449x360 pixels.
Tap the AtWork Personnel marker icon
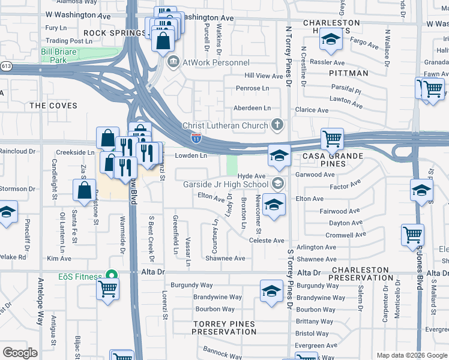(173, 62)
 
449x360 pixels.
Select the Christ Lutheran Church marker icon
(277, 125)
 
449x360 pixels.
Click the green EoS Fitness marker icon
(111, 275)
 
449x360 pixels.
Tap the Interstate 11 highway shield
(196, 139)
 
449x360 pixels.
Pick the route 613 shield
(5, 66)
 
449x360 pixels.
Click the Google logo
(20, 352)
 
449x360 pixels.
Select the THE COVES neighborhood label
(53, 106)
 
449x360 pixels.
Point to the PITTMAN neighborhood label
(348, 73)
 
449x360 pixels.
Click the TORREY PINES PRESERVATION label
(224, 328)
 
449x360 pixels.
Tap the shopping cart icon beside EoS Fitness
(107, 289)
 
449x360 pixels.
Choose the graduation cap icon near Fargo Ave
(329, 40)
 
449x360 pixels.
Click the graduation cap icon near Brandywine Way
(271, 292)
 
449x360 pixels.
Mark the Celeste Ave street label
(267, 241)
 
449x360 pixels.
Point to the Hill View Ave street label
(263, 76)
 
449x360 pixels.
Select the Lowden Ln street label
(191, 155)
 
